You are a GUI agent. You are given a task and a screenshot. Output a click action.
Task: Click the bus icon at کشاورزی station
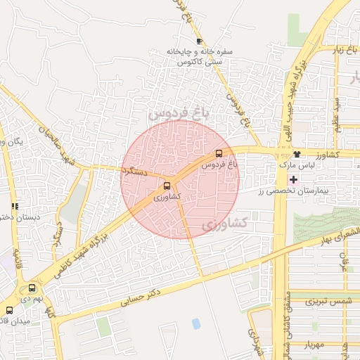point(167,186)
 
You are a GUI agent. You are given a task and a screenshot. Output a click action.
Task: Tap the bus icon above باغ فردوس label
point(219,153)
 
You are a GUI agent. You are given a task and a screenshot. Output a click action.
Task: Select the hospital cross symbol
point(293,180)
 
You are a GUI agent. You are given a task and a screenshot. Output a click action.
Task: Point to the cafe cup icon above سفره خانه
point(199,41)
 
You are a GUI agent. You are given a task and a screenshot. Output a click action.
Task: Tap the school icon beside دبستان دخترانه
point(15,206)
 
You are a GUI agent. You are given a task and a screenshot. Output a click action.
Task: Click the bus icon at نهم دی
point(32,288)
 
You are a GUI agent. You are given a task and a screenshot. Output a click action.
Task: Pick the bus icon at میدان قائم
point(9,309)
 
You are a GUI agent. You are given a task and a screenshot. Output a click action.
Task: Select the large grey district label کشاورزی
point(224,224)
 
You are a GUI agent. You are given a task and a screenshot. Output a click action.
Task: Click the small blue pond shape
point(195,323)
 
